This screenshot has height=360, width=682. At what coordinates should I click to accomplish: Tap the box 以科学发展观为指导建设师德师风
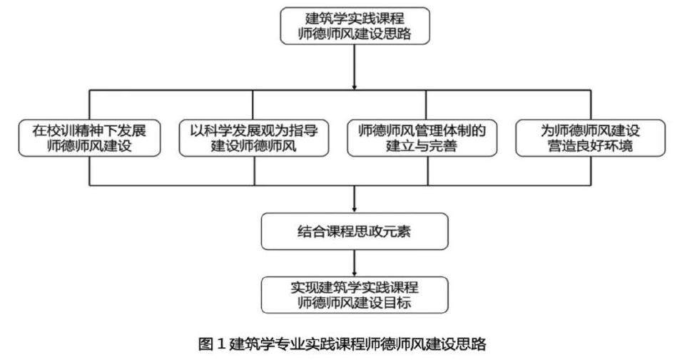tap(255, 138)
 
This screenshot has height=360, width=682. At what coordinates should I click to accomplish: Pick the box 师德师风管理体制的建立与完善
tap(426, 138)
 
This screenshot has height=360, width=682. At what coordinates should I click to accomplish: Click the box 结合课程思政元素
tap(354, 231)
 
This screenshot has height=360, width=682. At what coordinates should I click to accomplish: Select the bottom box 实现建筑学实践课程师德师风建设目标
tap(354, 295)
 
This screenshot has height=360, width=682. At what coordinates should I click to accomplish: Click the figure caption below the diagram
tap(342, 344)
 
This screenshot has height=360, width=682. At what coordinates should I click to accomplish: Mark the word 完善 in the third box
tap(450, 147)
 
